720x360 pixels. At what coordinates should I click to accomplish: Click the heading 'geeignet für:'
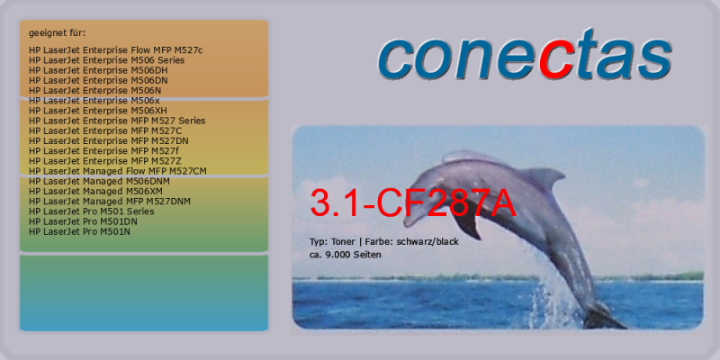tap(57, 33)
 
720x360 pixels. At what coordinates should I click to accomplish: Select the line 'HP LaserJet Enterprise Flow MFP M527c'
tap(115, 50)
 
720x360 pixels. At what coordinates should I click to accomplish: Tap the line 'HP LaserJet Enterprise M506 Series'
tap(106, 60)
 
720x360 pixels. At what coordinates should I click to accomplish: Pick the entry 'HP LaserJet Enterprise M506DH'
tap(98, 70)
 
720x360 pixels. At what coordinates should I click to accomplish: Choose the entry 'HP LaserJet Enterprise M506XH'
tap(97, 111)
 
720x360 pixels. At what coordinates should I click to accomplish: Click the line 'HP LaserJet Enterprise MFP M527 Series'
tap(117, 121)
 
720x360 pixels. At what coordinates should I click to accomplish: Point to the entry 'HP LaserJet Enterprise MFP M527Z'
tap(106, 161)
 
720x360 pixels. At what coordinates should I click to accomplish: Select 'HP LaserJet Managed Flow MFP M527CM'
tap(118, 171)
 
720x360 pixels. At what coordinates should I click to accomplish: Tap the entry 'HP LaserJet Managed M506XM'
tap(95, 191)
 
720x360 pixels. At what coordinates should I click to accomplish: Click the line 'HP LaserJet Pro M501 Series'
tap(92, 211)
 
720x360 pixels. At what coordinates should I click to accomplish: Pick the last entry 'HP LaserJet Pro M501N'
tap(79, 231)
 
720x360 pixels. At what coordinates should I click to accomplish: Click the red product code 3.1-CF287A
tap(413, 202)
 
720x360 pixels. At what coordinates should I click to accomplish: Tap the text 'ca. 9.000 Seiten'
tap(346, 255)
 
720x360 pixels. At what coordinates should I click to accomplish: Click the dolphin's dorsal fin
tap(541, 177)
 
